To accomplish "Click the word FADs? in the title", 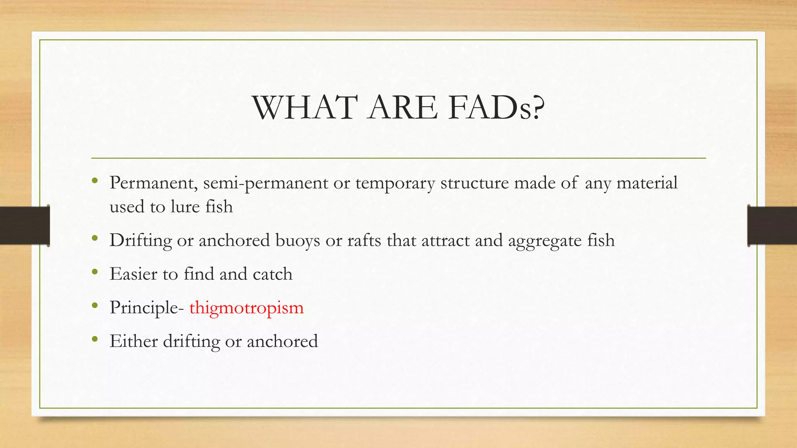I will click(x=496, y=108).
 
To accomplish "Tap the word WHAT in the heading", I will click(x=305, y=108).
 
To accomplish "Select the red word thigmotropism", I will click(x=246, y=308).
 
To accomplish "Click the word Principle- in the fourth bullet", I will click(x=147, y=308).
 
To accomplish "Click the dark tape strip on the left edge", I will click(x=25, y=226).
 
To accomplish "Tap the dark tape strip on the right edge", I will click(x=772, y=226).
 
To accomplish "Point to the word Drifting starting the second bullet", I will click(x=140, y=240).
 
